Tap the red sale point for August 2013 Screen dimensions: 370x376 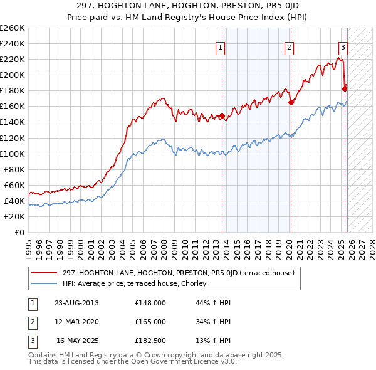(222, 116)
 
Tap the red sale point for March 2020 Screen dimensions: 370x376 (291, 102)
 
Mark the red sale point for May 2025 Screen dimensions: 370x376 (345, 88)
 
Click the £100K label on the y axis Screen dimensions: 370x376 (13, 154)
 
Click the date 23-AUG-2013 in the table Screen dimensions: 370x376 (77, 303)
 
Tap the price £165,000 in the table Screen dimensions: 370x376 (150, 322)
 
